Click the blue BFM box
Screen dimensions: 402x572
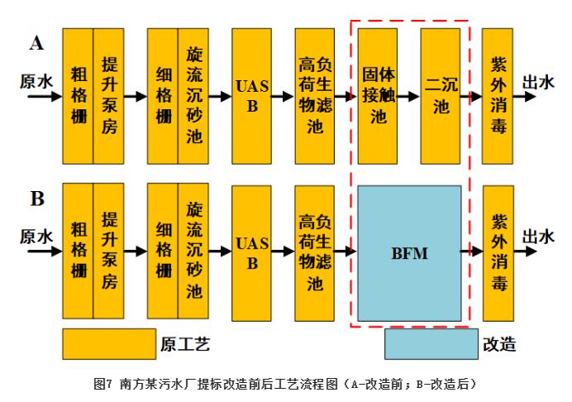click(409, 253)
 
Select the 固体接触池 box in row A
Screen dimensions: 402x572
click(378, 96)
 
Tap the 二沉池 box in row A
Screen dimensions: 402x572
click(440, 96)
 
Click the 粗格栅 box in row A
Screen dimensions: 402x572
click(78, 96)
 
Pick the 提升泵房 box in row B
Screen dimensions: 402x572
click(108, 253)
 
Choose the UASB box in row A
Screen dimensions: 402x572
click(251, 96)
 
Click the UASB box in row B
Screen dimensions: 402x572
click(251, 253)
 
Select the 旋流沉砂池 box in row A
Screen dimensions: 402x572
click(193, 96)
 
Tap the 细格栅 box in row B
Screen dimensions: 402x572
click(163, 253)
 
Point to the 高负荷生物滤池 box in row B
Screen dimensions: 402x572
click(315, 253)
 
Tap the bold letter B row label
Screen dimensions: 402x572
click(36, 199)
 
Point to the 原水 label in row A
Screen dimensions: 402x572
click(36, 80)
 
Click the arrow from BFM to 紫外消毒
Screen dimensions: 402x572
click(472, 251)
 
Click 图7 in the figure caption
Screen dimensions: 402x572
click(103, 385)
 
